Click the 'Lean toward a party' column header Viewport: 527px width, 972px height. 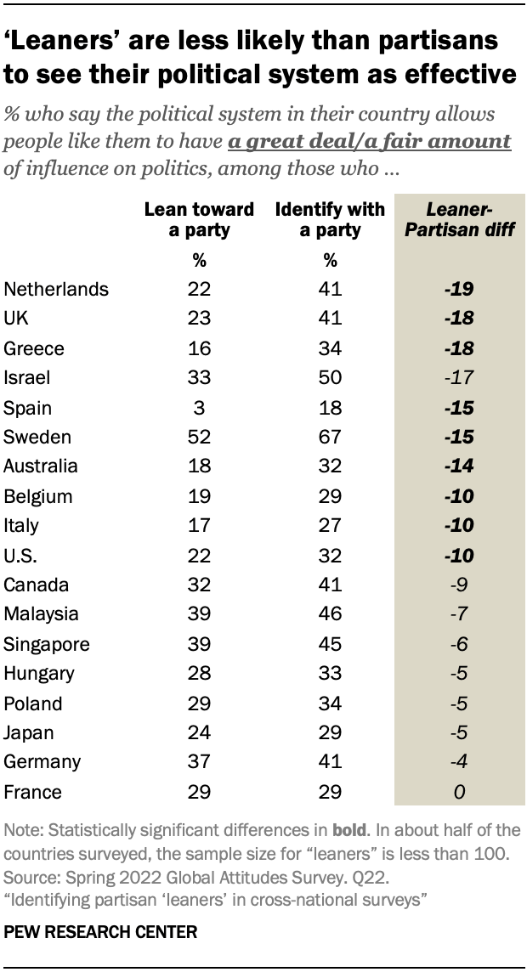coord(198,219)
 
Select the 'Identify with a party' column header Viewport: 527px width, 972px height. coord(330,219)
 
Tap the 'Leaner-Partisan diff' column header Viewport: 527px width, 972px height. coord(459,219)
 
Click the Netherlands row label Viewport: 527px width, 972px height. coord(56,289)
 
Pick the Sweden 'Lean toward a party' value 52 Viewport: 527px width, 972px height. coord(199,437)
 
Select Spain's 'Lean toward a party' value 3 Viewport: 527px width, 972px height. coord(199,407)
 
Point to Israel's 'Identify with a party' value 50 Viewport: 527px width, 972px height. coord(330,377)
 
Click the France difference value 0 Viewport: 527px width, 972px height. coord(459,792)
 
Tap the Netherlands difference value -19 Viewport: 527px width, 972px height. coord(459,289)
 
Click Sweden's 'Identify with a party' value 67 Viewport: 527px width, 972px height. coord(330,437)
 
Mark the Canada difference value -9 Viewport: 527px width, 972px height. coord(459,585)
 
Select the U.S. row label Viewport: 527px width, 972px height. coord(21,555)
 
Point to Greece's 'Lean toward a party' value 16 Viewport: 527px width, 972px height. coord(199,348)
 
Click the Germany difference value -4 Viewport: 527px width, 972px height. coord(459,762)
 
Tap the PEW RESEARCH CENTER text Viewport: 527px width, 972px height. coord(100,932)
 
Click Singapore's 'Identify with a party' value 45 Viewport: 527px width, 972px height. coord(330,644)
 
